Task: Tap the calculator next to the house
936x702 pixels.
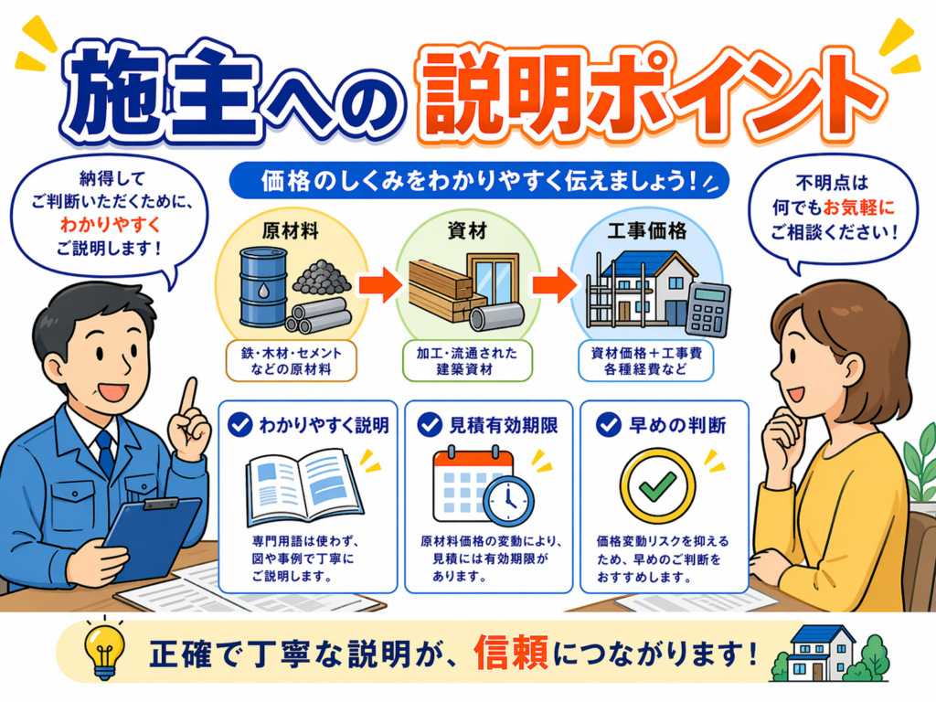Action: pyautogui.click(x=707, y=309)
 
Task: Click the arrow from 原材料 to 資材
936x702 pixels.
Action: pyautogui.click(x=378, y=285)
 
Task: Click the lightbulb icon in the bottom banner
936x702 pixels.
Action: pyautogui.click(x=103, y=651)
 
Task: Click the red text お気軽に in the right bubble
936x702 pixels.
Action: pyautogui.click(x=859, y=207)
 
